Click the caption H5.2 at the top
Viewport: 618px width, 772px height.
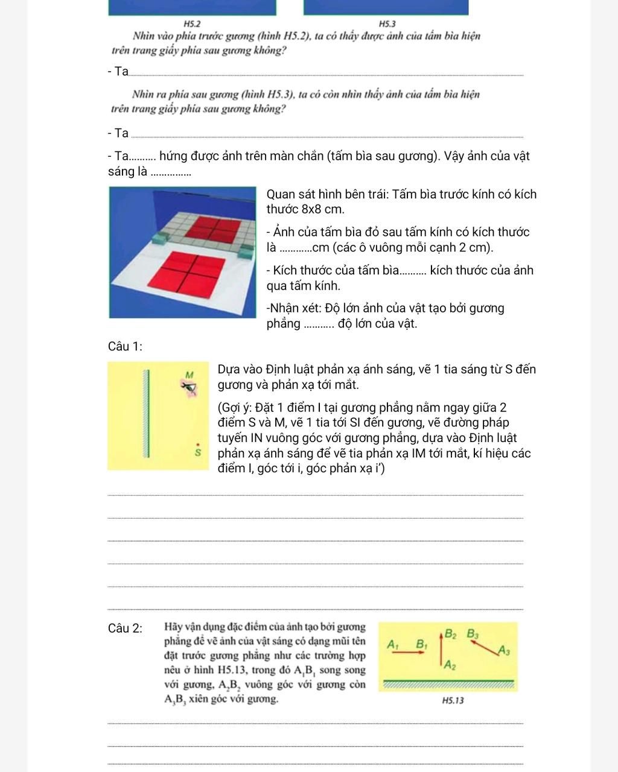tap(191, 24)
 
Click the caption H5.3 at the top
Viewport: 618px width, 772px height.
tap(387, 24)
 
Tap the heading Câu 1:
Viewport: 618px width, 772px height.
tap(125, 346)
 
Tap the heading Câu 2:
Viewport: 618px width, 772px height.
tap(126, 628)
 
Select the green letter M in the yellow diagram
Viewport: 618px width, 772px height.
tap(190, 375)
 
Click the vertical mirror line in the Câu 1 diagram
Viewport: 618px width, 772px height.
tap(145, 414)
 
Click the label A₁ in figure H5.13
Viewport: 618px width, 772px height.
tap(393, 644)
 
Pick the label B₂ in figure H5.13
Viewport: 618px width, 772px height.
tap(451, 633)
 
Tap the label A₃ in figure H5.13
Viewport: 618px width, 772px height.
tap(505, 650)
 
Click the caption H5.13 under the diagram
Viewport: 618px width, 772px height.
tap(453, 701)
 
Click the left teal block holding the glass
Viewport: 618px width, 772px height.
tap(160, 239)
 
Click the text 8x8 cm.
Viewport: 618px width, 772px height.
tap(323, 209)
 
